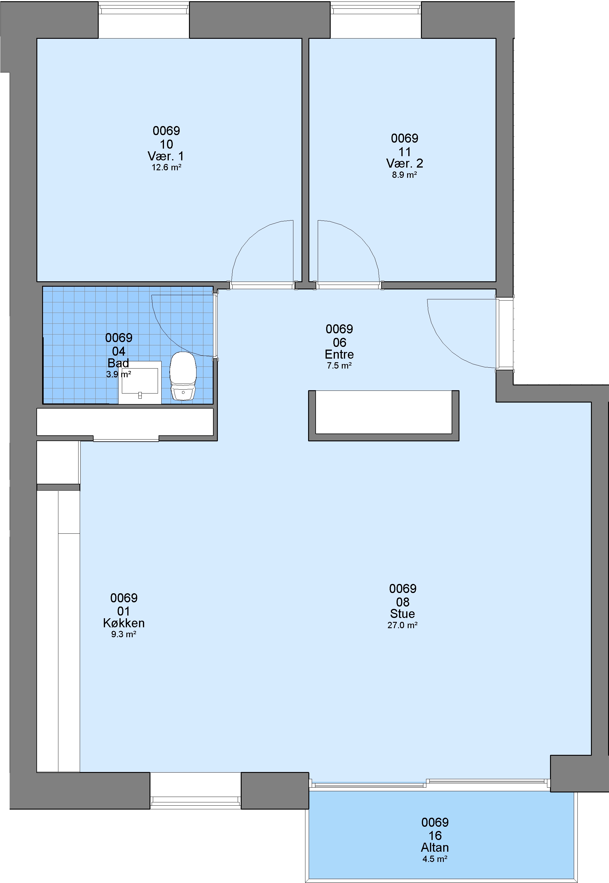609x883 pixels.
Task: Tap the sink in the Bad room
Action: (140, 382)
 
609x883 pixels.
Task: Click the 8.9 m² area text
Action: (404, 175)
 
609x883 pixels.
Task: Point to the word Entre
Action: (339, 354)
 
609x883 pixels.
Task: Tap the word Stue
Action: (403, 614)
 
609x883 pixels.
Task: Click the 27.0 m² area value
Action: (403, 625)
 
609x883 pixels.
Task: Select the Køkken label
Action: (124, 623)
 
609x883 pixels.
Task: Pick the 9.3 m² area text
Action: (124, 634)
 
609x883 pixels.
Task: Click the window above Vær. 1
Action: (144, 9)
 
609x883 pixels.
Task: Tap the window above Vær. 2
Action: (376, 9)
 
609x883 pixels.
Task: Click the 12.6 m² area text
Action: (166, 168)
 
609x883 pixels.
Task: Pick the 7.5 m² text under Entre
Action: (339, 366)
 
